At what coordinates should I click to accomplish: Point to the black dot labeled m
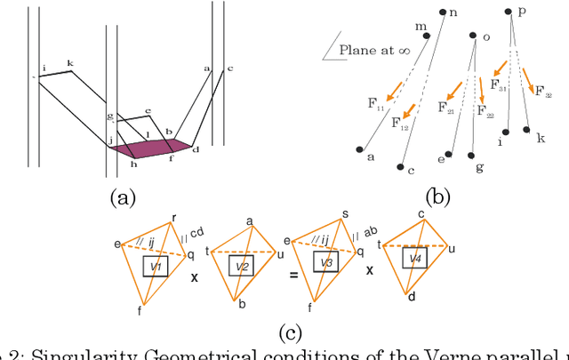point(427,36)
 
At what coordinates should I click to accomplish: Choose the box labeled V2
point(239,266)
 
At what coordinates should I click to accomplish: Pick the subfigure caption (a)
point(121,197)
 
